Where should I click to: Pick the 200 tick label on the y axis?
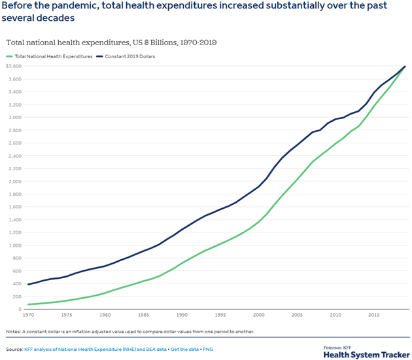16,297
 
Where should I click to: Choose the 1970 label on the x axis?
29,315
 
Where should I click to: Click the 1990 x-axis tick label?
182,315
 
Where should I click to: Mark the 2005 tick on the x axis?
297,315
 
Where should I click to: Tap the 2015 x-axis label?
373,315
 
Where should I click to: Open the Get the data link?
186,349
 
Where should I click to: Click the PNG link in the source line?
207,349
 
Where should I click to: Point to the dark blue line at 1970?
29,284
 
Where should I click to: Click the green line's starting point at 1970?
29,304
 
